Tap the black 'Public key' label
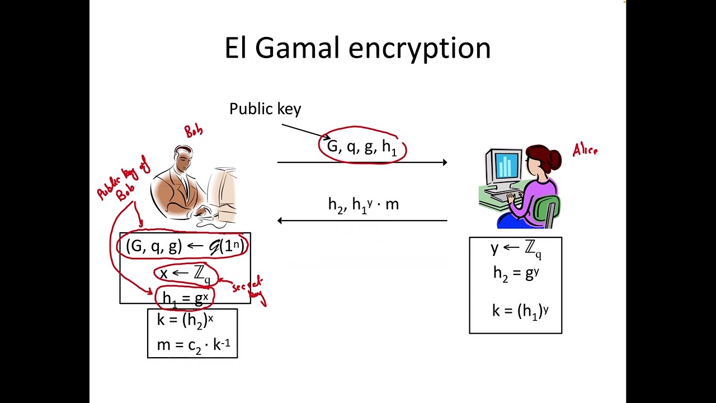(265, 109)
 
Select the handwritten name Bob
(194, 132)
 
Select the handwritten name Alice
(585, 150)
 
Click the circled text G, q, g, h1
(362, 147)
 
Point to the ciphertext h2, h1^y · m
(363, 204)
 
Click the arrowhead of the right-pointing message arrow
(444, 162)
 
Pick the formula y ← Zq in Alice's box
(515, 250)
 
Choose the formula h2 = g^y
(515, 273)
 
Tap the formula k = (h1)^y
(520, 311)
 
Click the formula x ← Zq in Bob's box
(185, 274)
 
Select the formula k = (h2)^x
(185, 320)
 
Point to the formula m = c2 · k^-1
(193, 345)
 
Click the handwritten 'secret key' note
(248, 288)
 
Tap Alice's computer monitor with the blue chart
(504, 167)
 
